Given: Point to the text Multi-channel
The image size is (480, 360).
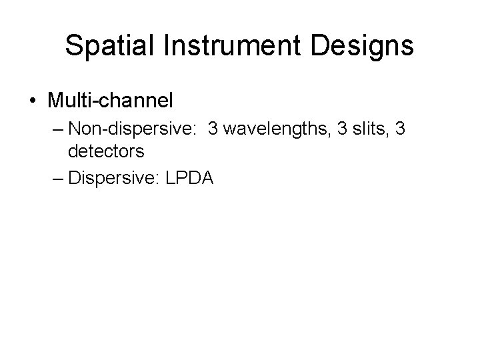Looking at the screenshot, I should coord(110,101).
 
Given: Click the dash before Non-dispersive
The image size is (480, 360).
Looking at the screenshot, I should coord(58,128).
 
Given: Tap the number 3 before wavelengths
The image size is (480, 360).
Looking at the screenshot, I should coord(214,128).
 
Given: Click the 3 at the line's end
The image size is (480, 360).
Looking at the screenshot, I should coord(400,128).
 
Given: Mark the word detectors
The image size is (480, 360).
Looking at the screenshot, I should coord(106,151).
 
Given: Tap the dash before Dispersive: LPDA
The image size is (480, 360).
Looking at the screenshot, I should coord(58,178).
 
